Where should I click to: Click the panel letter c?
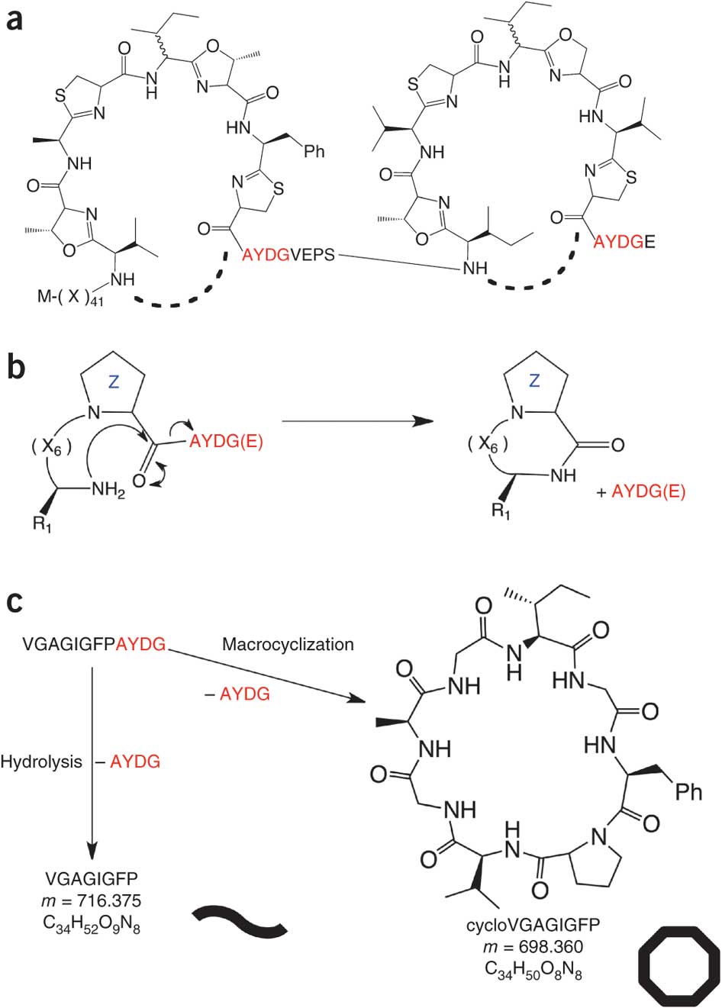[15, 603]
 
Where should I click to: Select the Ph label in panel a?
[314, 151]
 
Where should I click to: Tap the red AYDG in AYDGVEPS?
[266, 256]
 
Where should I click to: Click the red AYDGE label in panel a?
[624, 242]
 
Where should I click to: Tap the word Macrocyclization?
[288, 644]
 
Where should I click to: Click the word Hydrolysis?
[41, 762]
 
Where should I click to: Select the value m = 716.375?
[92, 902]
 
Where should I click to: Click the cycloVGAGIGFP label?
[533, 926]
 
